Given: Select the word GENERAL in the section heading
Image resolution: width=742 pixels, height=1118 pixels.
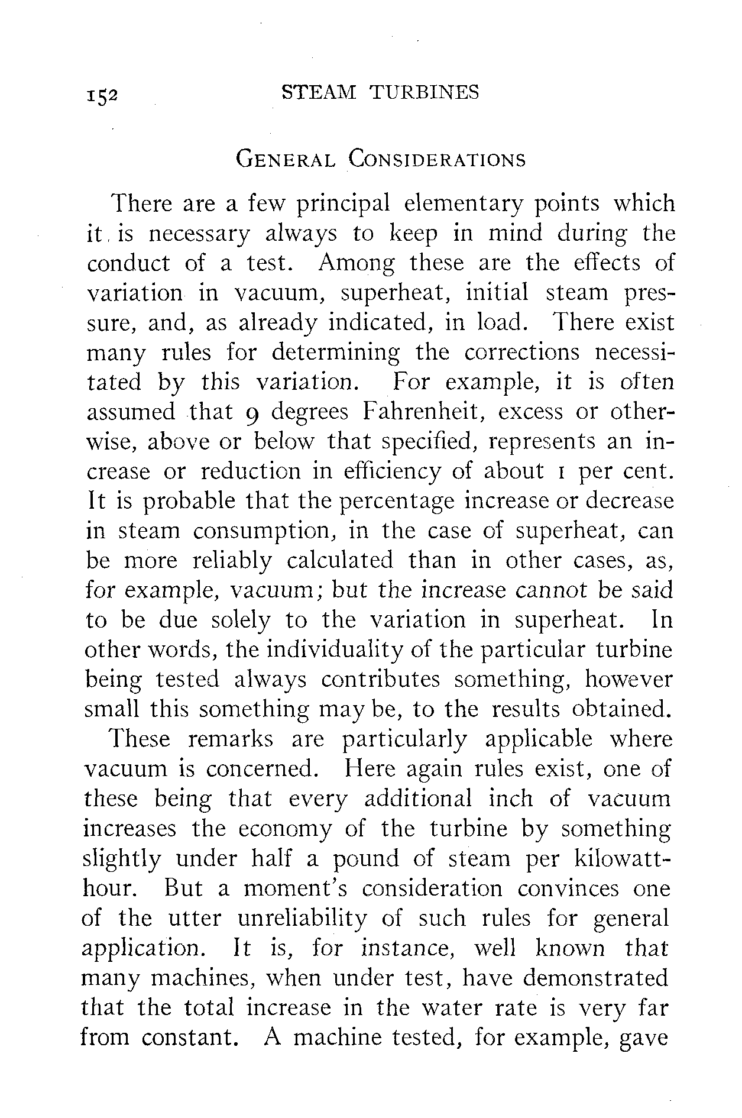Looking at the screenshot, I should click(286, 160).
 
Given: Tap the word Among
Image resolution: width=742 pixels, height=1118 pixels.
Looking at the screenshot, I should click(356, 263).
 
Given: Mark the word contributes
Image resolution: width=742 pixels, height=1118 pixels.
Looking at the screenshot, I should click(381, 679).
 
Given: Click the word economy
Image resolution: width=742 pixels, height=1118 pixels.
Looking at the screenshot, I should click(285, 829).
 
